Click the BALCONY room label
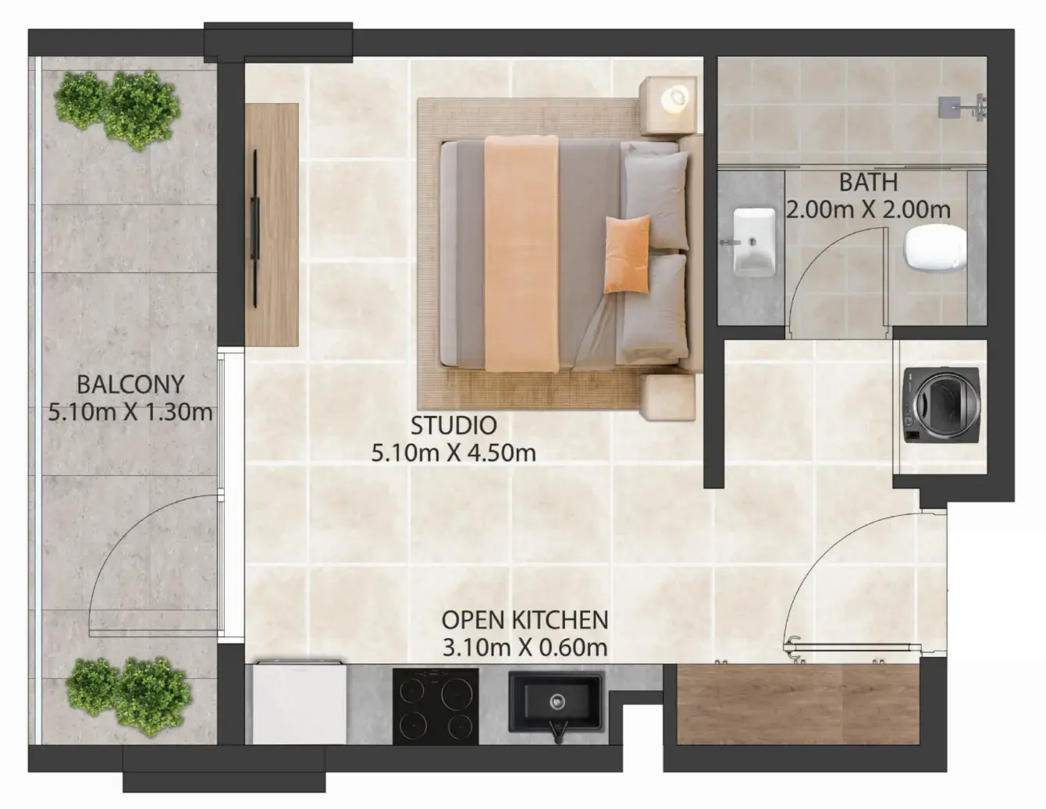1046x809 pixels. (130, 385)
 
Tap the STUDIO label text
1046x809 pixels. (454, 425)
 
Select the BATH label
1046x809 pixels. (868, 183)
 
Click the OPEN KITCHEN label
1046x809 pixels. (525, 620)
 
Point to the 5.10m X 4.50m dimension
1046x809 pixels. (454, 453)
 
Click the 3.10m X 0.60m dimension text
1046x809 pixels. (525, 648)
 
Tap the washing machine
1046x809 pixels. (941, 405)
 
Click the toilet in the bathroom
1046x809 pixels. (936, 249)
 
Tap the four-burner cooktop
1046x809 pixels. (435, 706)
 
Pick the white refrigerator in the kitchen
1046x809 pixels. (299, 703)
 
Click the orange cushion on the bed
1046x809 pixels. (628, 254)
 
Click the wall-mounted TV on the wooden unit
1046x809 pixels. (254, 228)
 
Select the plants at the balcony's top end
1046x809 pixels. (117, 109)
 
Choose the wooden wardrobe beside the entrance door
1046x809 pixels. (798, 704)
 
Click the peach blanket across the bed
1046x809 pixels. (521, 254)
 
